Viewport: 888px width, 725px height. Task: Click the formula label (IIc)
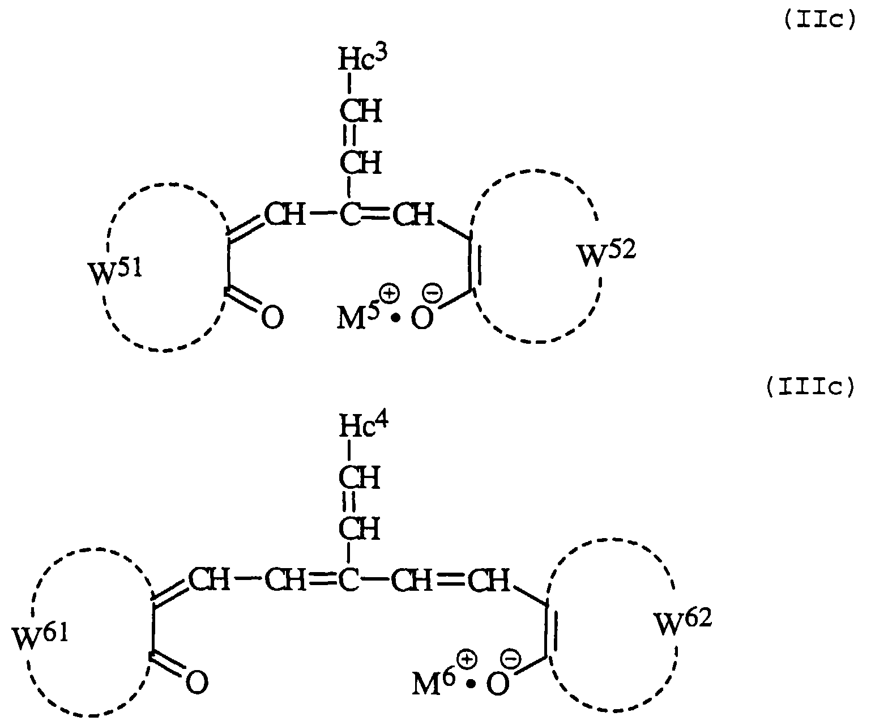(818, 21)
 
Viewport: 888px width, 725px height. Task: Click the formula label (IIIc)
(809, 389)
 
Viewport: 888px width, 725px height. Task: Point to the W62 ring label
(683, 622)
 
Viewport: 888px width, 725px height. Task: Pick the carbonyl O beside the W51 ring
(272, 318)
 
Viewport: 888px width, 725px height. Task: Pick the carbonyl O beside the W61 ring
(197, 683)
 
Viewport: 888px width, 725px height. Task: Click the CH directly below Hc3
(360, 111)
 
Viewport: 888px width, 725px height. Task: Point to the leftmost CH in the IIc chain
(285, 216)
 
